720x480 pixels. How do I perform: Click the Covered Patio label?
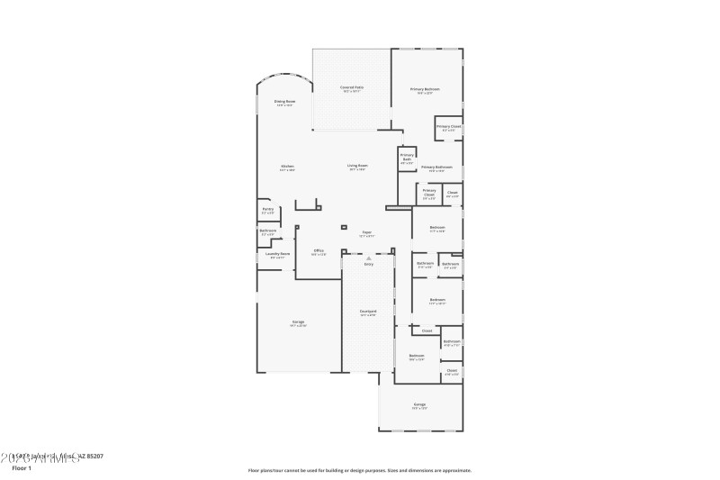click(x=352, y=88)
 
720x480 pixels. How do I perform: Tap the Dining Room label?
click(x=284, y=103)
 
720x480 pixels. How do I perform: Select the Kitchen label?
click(x=287, y=167)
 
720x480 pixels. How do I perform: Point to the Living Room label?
click(x=358, y=167)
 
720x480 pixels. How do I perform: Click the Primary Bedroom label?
click(x=426, y=90)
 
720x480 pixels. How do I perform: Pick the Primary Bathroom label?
click(x=436, y=168)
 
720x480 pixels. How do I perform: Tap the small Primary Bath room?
click(x=407, y=160)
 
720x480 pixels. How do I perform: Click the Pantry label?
click(x=268, y=210)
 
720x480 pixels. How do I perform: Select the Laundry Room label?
click(x=277, y=255)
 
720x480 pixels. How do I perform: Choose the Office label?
click(x=319, y=251)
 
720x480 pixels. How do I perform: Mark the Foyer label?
click(x=367, y=234)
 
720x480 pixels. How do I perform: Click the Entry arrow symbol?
click(x=368, y=258)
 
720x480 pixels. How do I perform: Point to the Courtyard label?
click(x=368, y=312)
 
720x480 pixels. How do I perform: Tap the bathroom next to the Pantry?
click(x=267, y=232)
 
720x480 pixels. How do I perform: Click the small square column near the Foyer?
click(x=344, y=226)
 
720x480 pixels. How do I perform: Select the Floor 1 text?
click(x=21, y=468)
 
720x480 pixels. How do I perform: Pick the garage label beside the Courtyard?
click(x=298, y=323)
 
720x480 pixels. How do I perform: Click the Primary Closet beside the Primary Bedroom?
click(x=449, y=128)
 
